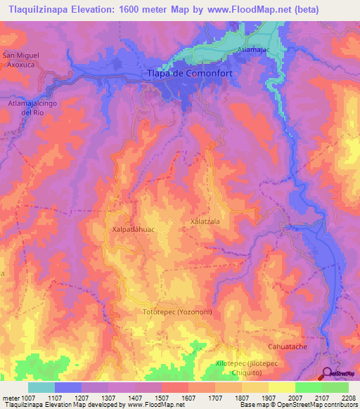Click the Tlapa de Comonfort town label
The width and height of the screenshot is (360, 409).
[188, 73]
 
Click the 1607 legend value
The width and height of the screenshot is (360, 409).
[188, 398]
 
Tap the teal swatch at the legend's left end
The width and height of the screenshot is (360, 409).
[41, 387]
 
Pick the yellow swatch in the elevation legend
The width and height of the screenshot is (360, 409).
[281, 387]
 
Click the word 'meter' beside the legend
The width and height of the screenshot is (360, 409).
[9, 398]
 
